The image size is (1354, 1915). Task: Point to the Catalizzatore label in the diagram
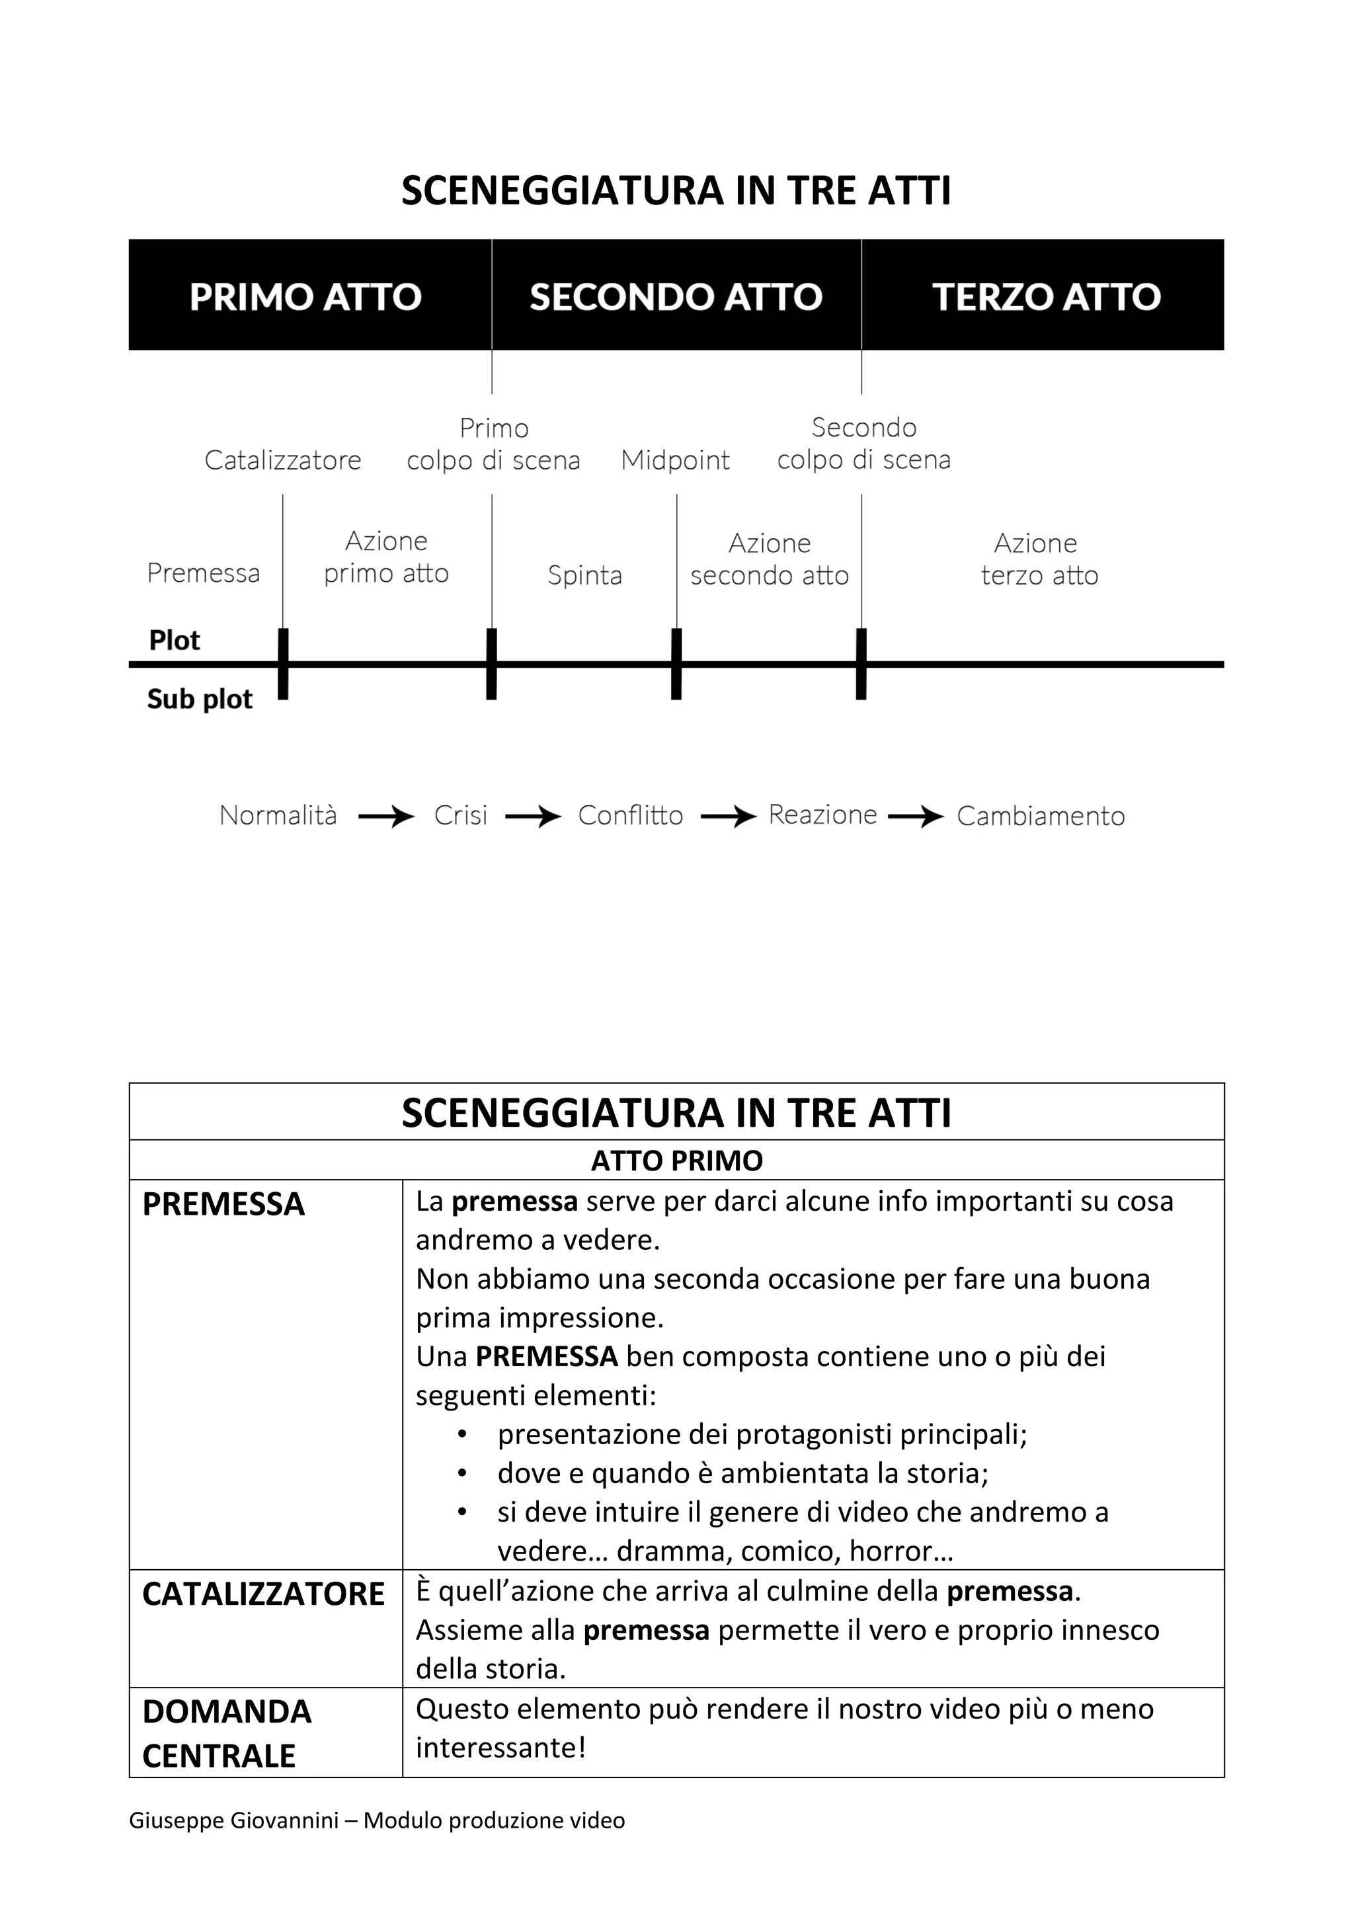(x=283, y=460)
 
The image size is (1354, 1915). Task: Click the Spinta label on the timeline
(x=584, y=575)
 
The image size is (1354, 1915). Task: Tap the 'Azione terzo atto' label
(x=1038, y=559)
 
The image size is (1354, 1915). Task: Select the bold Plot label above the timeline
(x=175, y=641)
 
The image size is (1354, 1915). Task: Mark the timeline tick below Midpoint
(x=676, y=665)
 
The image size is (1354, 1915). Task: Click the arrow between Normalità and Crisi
(x=386, y=817)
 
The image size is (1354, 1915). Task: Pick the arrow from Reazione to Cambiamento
(x=916, y=817)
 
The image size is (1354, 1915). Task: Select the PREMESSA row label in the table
(x=223, y=1204)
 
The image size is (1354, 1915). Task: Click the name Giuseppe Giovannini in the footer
(x=233, y=1820)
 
